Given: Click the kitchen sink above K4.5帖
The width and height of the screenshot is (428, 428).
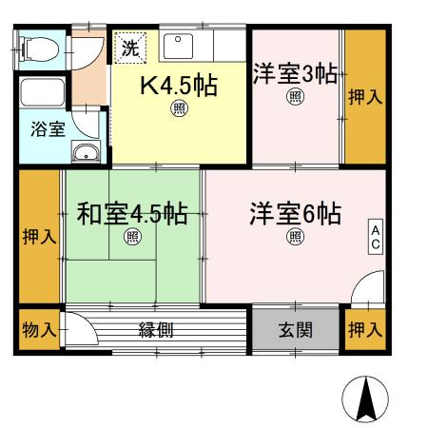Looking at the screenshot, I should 178,46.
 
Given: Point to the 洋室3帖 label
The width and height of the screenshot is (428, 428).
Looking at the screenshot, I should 295,73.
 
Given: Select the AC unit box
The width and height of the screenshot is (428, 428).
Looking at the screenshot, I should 375,238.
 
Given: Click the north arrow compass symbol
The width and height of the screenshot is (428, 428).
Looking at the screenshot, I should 365,399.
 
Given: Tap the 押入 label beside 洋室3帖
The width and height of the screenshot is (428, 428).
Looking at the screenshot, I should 364,95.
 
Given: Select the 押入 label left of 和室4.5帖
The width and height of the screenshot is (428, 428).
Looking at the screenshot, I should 39,237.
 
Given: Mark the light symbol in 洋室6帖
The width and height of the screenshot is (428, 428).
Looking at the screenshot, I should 296,236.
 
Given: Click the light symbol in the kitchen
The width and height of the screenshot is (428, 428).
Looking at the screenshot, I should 179,108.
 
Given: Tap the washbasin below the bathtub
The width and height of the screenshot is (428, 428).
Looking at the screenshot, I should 85,151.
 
